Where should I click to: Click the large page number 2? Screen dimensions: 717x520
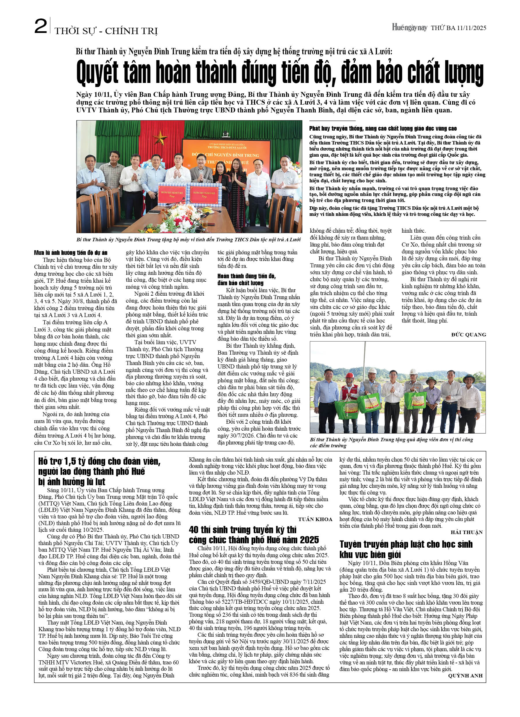[41, 26]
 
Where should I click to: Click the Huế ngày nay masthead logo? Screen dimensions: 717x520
[409, 27]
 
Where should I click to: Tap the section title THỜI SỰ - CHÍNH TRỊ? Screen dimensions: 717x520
[106, 31]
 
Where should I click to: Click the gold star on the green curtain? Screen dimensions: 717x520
[161, 138]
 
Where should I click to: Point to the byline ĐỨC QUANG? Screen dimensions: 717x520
[468, 334]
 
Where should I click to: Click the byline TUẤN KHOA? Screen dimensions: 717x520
[315, 519]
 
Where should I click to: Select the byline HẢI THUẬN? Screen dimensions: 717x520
[466, 532]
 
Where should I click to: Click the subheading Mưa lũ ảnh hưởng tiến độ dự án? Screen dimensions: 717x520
[71, 252]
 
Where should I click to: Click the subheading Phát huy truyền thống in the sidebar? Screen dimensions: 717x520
[383, 128]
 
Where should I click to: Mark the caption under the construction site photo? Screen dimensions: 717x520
[391, 442]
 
